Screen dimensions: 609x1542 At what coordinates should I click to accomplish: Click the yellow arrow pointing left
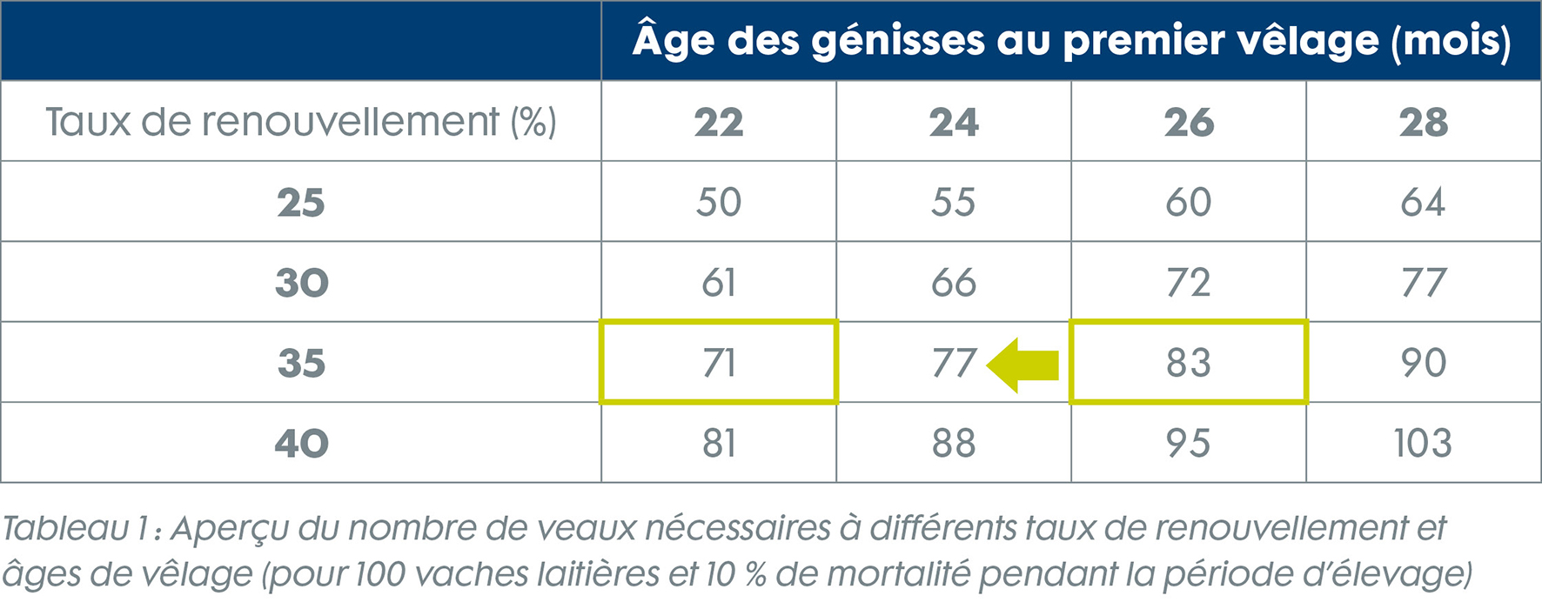pyautogui.click(x=1023, y=365)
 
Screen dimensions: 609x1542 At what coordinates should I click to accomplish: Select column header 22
pyautogui.click(x=719, y=123)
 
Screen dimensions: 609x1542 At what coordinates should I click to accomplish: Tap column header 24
pyautogui.click(x=954, y=123)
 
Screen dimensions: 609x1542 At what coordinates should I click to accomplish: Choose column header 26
pyautogui.click(x=1189, y=123)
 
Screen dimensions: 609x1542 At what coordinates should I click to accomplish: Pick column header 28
pyautogui.click(x=1424, y=123)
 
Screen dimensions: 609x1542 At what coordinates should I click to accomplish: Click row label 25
pyautogui.click(x=301, y=203)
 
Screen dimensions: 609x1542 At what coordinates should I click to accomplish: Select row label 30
pyautogui.click(x=301, y=284)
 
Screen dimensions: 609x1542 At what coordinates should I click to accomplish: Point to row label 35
pyautogui.click(x=301, y=364)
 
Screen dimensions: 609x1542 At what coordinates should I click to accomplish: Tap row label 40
pyautogui.click(x=301, y=444)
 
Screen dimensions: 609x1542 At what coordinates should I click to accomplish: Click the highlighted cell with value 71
pyautogui.click(x=719, y=363)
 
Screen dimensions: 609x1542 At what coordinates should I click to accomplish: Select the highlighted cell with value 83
pyautogui.click(x=1189, y=363)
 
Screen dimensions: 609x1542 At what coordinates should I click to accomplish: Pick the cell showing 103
pyautogui.click(x=1424, y=444)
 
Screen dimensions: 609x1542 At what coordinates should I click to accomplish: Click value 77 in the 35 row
pyautogui.click(x=954, y=363)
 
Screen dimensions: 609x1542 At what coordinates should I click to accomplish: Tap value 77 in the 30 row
pyautogui.click(x=1424, y=284)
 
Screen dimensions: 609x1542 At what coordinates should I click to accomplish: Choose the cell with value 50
pyautogui.click(x=719, y=203)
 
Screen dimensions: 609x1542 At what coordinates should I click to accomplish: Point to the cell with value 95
pyautogui.click(x=1189, y=444)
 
